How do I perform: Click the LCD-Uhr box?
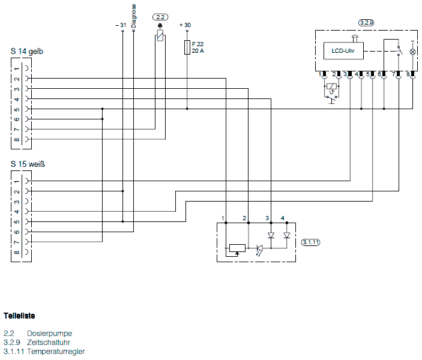[x=343, y=51]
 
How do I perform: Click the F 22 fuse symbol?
[x=187, y=47]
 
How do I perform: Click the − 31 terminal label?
[x=120, y=25]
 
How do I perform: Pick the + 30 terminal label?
[x=185, y=25]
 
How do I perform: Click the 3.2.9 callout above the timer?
[x=366, y=22]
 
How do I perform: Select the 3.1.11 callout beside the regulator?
[x=310, y=242]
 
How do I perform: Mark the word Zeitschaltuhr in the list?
[x=52, y=342]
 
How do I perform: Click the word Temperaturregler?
[x=56, y=351]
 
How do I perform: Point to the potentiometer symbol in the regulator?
[x=237, y=248]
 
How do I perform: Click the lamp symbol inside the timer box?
[x=412, y=52]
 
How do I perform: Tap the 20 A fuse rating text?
[x=197, y=51]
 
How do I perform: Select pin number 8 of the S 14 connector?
[x=17, y=139]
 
